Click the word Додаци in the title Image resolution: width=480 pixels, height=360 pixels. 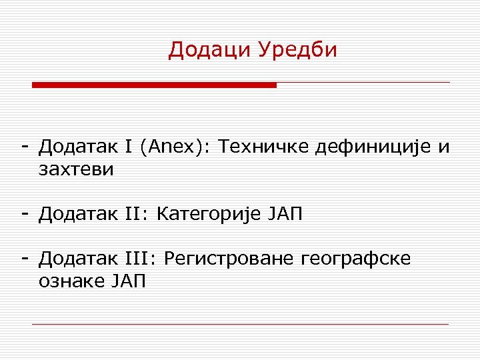pyautogui.click(x=208, y=50)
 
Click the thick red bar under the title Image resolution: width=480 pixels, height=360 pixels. pyautogui.click(x=154, y=85)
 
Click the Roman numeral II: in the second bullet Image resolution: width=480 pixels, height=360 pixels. pyautogui.click(x=137, y=214)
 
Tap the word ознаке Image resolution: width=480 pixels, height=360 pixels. pyautogui.click(x=69, y=281)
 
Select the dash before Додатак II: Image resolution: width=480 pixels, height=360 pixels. pyautogui.click(x=24, y=213)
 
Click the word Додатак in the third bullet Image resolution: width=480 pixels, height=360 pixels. pyautogui.click(x=79, y=259)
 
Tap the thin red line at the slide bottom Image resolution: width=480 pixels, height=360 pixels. pyautogui.click(x=240, y=325)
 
